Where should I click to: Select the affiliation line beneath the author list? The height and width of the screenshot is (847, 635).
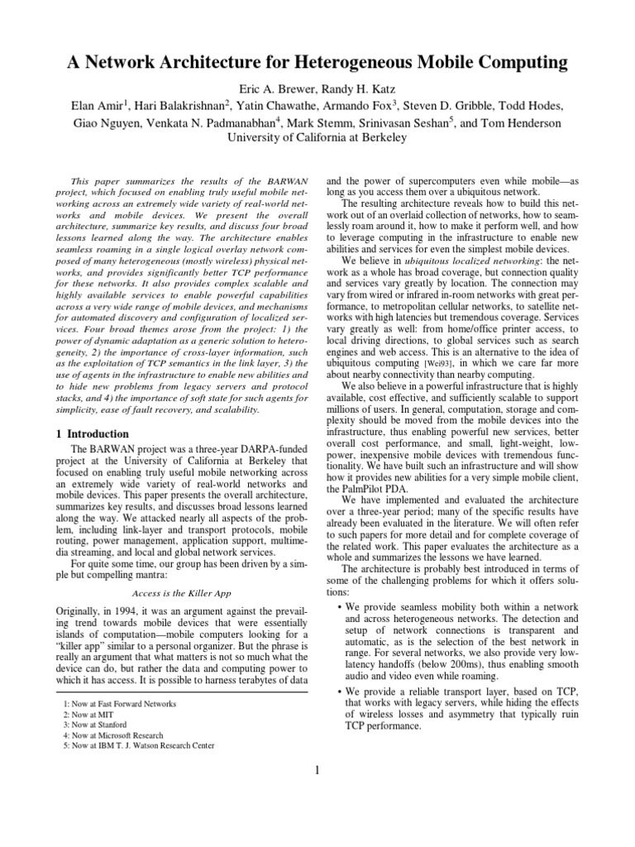tap(317, 138)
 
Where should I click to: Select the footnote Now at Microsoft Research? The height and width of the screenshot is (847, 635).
tap(113, 735)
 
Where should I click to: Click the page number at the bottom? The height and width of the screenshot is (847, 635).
tap(317, 771)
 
